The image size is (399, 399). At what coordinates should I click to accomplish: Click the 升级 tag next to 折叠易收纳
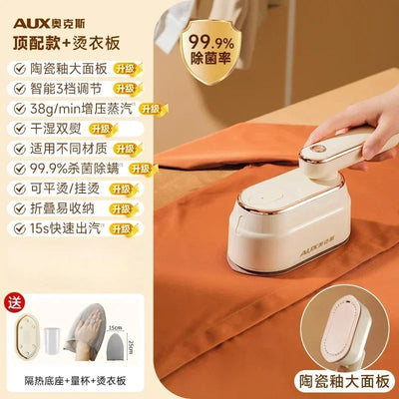pos(114,209)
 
